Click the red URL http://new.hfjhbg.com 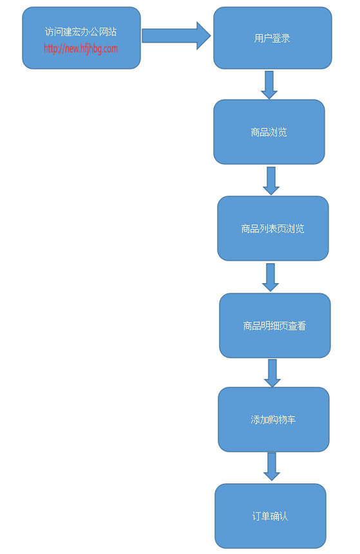coord(81,48)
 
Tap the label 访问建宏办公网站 coord(81,32)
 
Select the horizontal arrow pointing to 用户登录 coord(176,35)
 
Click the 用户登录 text coord(272,38)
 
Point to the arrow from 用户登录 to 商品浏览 coord(269,85)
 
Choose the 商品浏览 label coord(269,132)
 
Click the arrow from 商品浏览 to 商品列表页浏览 coord(271,181)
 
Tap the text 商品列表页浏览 coord(272,228)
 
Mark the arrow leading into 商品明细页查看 coord(270,277)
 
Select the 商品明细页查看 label coord(274,326)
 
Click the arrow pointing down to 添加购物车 coord(272,373)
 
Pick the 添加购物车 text coord(273,420)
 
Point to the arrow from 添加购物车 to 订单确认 coord(272,466)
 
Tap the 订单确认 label coord(270,516)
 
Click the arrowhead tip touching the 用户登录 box coord(211,35)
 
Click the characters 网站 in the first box coord(108,32)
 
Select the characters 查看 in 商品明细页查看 coord(297,326)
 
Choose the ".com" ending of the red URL coord(109,49)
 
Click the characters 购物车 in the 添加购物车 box coord(282,420)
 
